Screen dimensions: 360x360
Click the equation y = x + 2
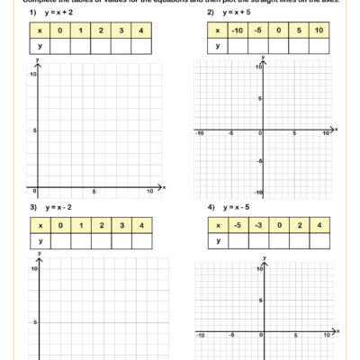coord(59,13)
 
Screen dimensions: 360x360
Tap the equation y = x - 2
coord(59,207)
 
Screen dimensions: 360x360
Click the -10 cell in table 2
coord(237,30)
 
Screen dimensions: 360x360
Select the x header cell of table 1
coord(40,30)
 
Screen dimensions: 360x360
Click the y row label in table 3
coord(40,240)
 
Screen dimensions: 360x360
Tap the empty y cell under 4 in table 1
coord(141,46)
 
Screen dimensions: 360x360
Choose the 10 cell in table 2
coord(319,30)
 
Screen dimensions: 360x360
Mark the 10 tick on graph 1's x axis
coord(150,193)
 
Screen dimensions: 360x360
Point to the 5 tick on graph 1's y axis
coord(33,130)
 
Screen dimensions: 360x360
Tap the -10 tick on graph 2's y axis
coord(257,193)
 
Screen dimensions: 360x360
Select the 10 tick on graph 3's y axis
coord(33,269)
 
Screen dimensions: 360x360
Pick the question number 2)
coord(211,13)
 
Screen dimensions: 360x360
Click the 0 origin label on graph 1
coord(33,192)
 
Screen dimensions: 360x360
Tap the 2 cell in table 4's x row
coord(299,224)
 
